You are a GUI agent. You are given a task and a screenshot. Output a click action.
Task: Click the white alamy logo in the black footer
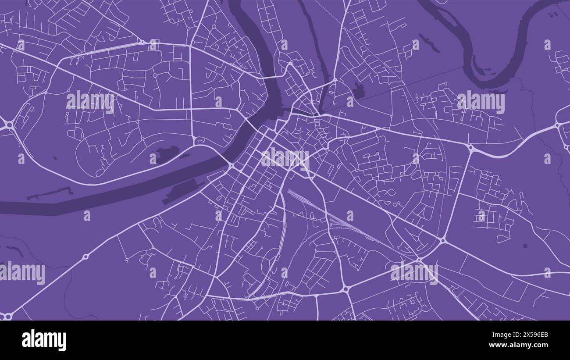coord(44,340)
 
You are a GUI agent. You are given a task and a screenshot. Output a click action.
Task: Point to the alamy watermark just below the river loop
coord(481,102)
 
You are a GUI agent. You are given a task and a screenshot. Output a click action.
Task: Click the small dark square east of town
coord(525,246)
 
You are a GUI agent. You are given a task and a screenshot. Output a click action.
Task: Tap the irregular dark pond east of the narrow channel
coord(359,91)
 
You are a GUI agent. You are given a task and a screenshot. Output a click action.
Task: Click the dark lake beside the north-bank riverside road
coord(167,153)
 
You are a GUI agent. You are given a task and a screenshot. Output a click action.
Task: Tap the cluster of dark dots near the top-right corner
coord(553,14)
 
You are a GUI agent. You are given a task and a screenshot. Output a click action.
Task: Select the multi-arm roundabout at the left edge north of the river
coord(8,125)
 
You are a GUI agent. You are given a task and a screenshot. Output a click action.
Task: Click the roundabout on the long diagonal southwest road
coord(86,256)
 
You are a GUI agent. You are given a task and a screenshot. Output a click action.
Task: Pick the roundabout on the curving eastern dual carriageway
coord(470,149)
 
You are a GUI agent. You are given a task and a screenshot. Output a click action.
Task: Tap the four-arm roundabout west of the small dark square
coord(443,240)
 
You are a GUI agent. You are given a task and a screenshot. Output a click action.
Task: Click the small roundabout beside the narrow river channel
coord(335,80)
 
